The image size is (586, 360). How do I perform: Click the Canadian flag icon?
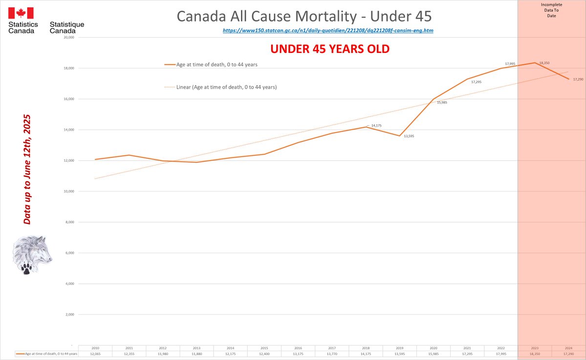pos(21,14)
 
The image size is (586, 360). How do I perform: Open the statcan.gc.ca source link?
pos(328,30)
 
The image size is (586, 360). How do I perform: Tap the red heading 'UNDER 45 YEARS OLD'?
pos(330,50)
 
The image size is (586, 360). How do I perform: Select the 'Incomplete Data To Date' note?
pos(551,9)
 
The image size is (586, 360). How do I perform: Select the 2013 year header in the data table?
pos(196,348)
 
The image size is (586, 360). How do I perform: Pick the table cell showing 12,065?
pos(95,354)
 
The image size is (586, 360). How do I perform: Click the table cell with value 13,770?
pos(332,354)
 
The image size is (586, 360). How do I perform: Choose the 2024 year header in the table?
pos(568,348)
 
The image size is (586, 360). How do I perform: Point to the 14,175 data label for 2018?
pos(376,126)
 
